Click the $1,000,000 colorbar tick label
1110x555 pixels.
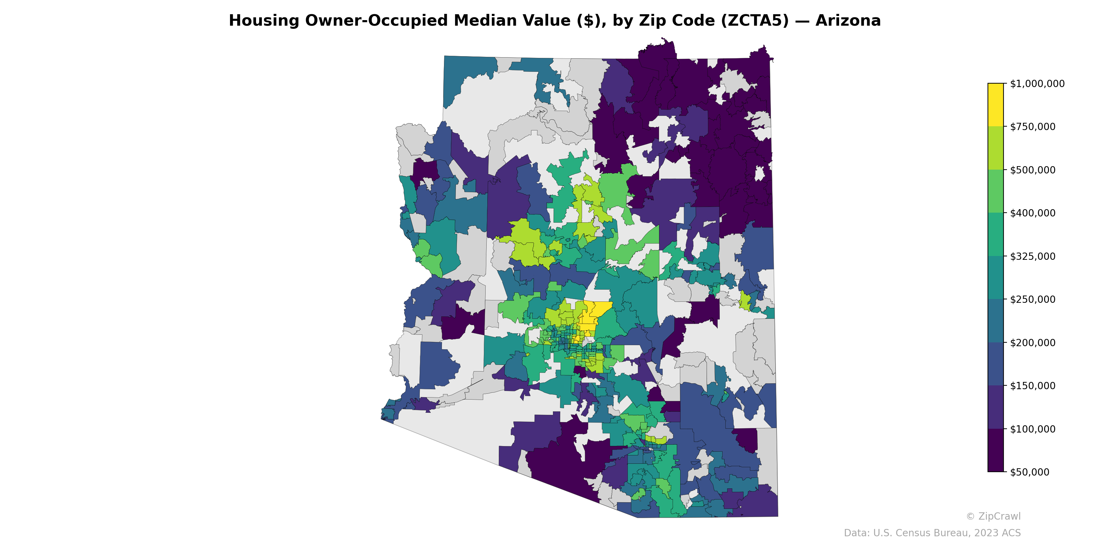(x=1037, y=84)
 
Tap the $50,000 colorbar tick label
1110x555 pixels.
(x=1030, y=472)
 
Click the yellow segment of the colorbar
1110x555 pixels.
(x=996, y=105)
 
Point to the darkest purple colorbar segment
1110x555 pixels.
(x=996, y=450)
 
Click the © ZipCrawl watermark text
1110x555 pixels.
(x=993, y=516)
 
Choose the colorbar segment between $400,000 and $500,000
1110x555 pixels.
(x=996, y=191)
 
